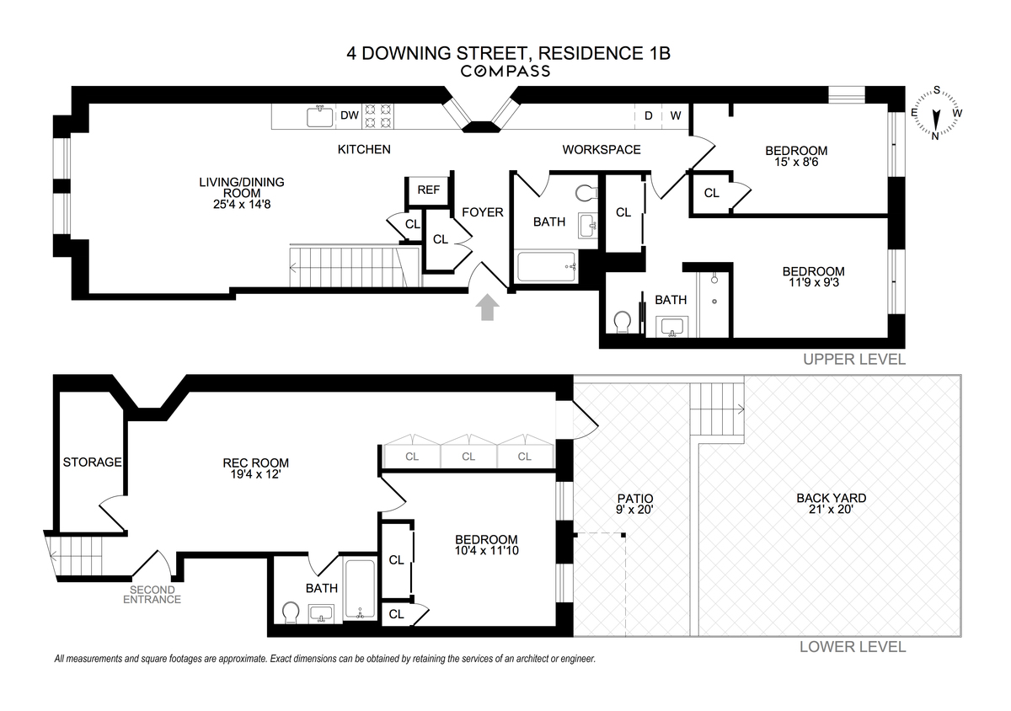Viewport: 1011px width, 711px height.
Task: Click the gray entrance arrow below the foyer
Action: click(488, 307)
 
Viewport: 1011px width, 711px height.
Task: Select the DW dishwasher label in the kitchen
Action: click(350, 115)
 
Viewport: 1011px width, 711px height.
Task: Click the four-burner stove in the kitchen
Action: click(377, 116)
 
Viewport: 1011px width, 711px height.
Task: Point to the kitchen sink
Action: click(320, 116)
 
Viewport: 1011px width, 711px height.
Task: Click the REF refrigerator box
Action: click(428, 190)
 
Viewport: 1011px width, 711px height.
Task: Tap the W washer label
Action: click(675, 116)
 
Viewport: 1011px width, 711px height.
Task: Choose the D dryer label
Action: click(649, 116)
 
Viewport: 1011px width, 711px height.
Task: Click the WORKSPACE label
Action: click(602, 150)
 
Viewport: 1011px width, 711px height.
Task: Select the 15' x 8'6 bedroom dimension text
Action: click(796, 162)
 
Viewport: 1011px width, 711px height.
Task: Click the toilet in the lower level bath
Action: click(292, 613)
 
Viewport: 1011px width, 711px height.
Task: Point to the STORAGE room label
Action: click(92, 462)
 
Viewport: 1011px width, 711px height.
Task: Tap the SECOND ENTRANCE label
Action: click(152, 595)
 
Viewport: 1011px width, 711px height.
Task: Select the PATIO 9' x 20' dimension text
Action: click(634, 510)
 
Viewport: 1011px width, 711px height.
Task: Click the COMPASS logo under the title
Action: click(505, 72)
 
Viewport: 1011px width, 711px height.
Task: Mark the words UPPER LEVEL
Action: click(854, 360)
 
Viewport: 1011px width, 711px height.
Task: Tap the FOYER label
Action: click(483, 212)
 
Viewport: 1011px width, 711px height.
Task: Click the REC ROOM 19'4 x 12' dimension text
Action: click(255, 474)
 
